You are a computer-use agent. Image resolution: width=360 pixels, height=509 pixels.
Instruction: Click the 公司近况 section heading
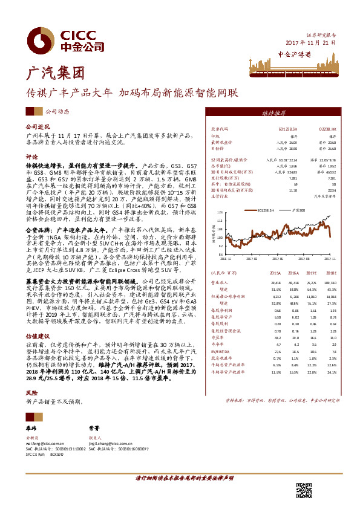[x=36, y=128]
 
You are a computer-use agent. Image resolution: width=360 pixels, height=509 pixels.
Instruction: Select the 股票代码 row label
[x=220, y=129]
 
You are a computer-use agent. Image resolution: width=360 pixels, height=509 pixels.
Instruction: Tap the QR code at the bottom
[x=304, y=490]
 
